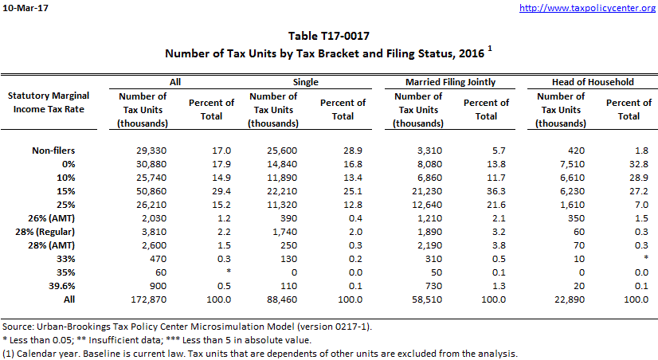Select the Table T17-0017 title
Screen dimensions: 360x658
pyautogui.click(x=329, y=36)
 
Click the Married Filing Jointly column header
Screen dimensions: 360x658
pyautogui.click(x=451, y=82)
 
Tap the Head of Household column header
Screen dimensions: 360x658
pyautogui.click(x=592, y=82)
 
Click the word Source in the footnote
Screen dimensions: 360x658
pyautogui.click(x=18, y=328)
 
